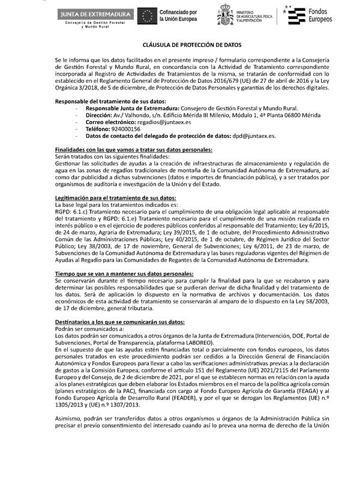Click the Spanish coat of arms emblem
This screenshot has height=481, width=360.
229,16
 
